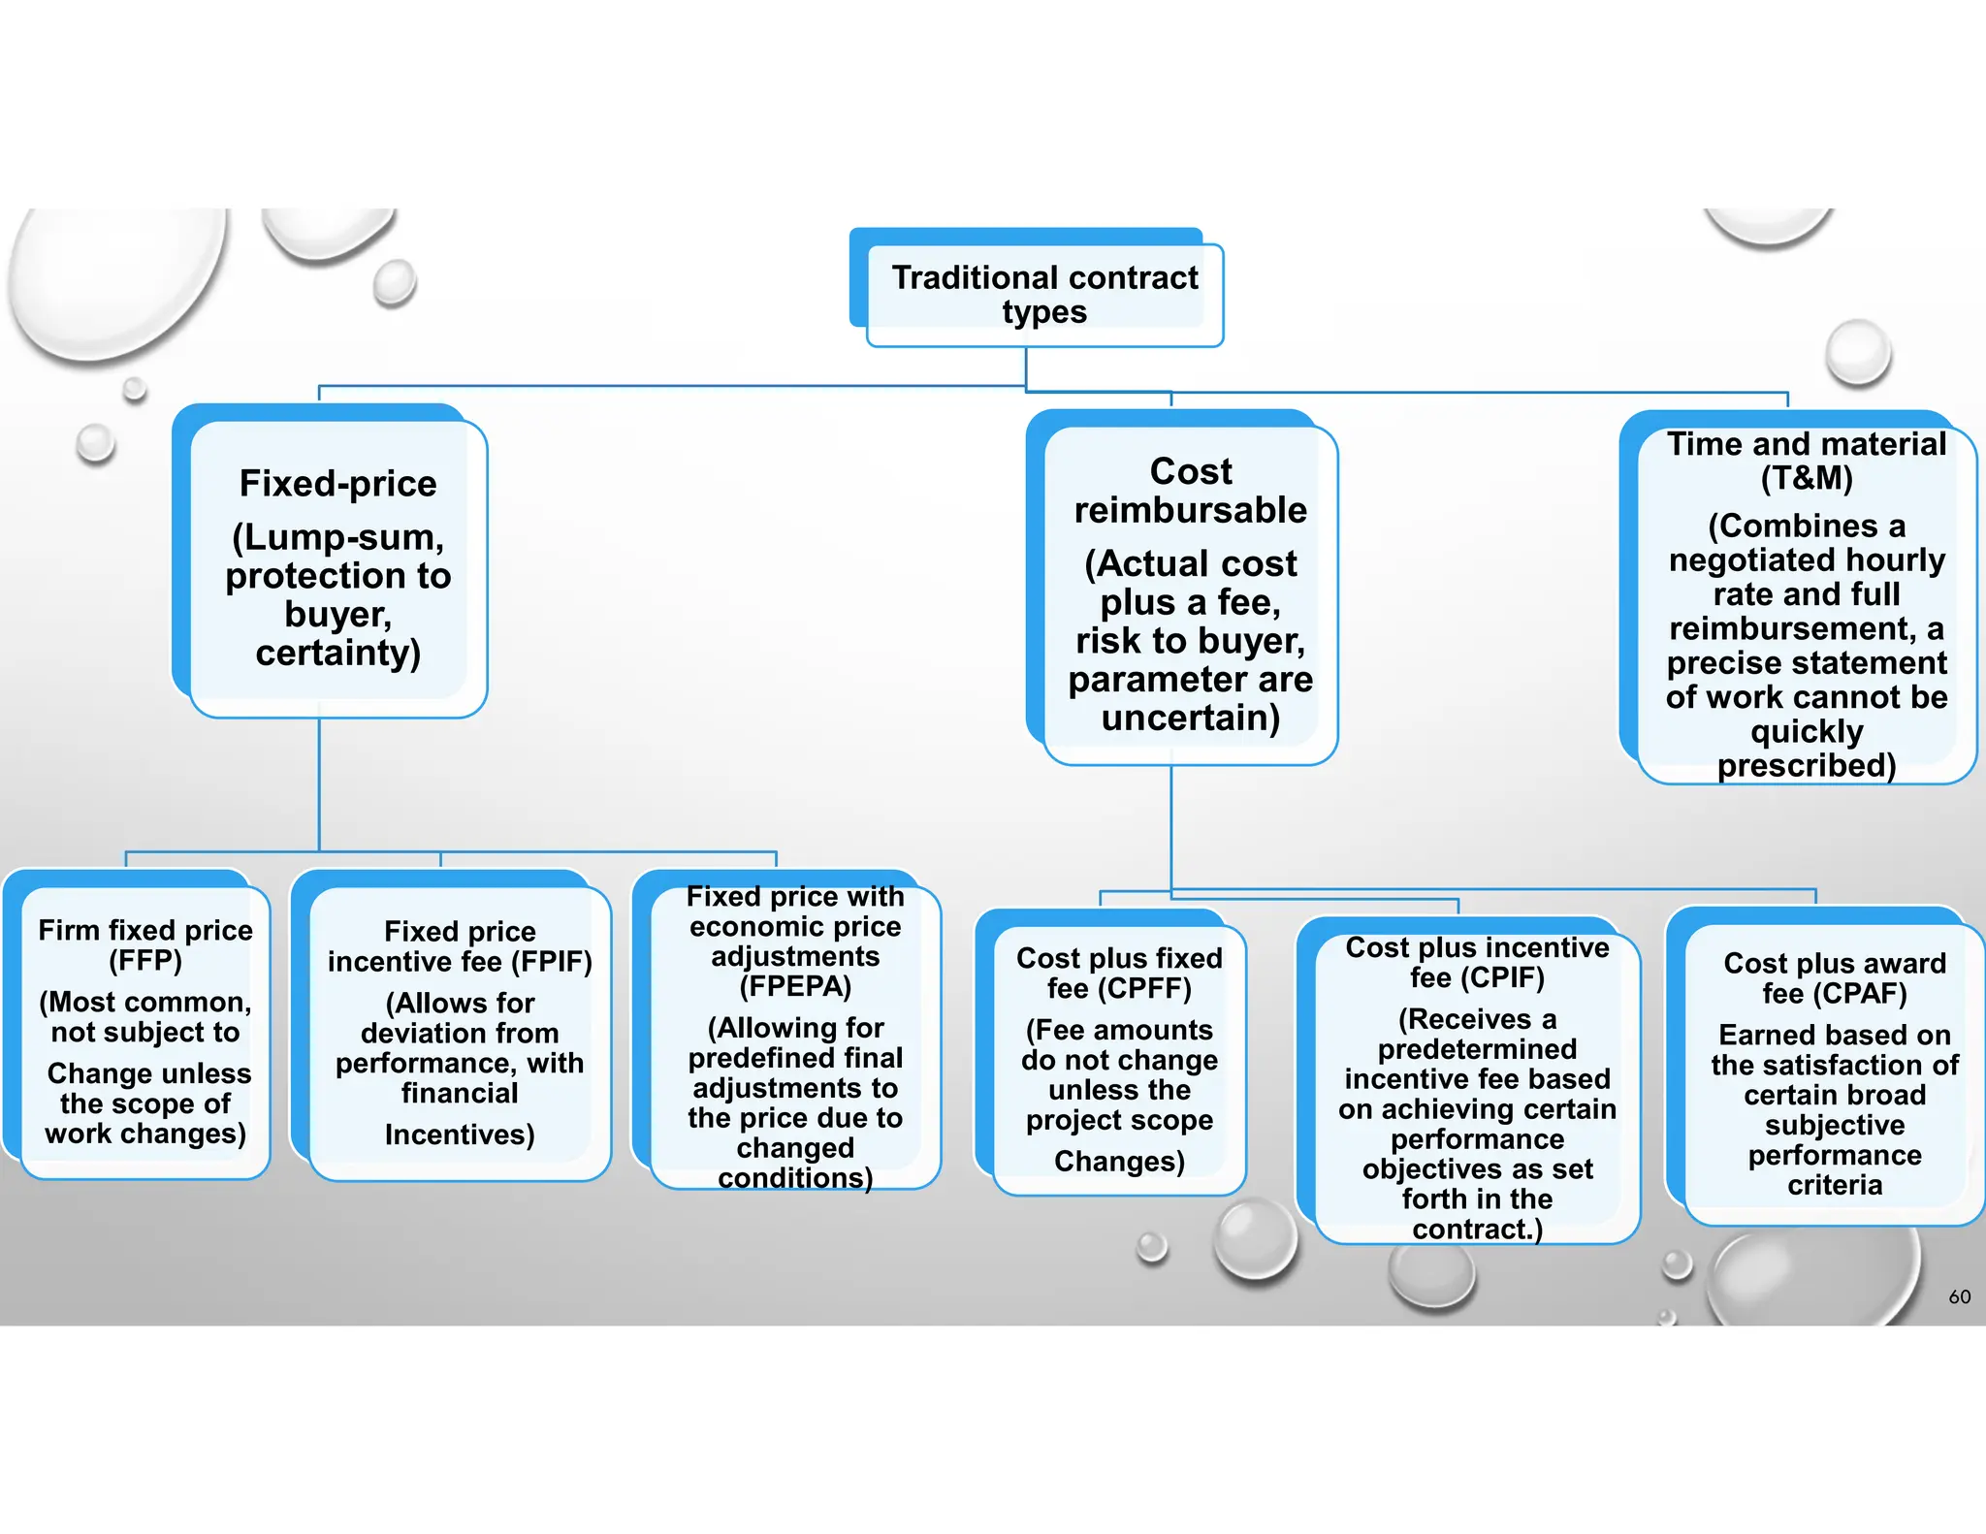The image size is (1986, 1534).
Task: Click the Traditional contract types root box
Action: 1044,294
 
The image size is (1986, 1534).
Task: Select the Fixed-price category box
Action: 337,567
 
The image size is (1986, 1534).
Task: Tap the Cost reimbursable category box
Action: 1190,593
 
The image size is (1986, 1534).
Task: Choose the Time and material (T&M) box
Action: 1806,603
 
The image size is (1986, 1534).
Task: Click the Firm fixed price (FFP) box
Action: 145,1031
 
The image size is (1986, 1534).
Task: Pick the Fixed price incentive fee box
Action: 460,1032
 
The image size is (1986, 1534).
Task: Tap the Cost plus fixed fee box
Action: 1119,1059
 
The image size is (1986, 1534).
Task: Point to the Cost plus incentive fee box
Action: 1477,1087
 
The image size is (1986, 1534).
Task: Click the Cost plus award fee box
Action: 1834,1072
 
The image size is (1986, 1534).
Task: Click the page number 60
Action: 1959,1296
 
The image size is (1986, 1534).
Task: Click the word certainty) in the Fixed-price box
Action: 337,653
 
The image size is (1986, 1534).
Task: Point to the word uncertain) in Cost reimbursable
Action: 1190,718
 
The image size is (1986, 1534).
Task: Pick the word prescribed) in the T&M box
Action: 1806,765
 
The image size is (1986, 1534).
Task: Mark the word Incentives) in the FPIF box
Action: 460,1135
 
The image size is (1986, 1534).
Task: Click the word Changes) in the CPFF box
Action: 1119,1161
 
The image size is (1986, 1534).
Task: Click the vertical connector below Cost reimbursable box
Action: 1171,824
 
